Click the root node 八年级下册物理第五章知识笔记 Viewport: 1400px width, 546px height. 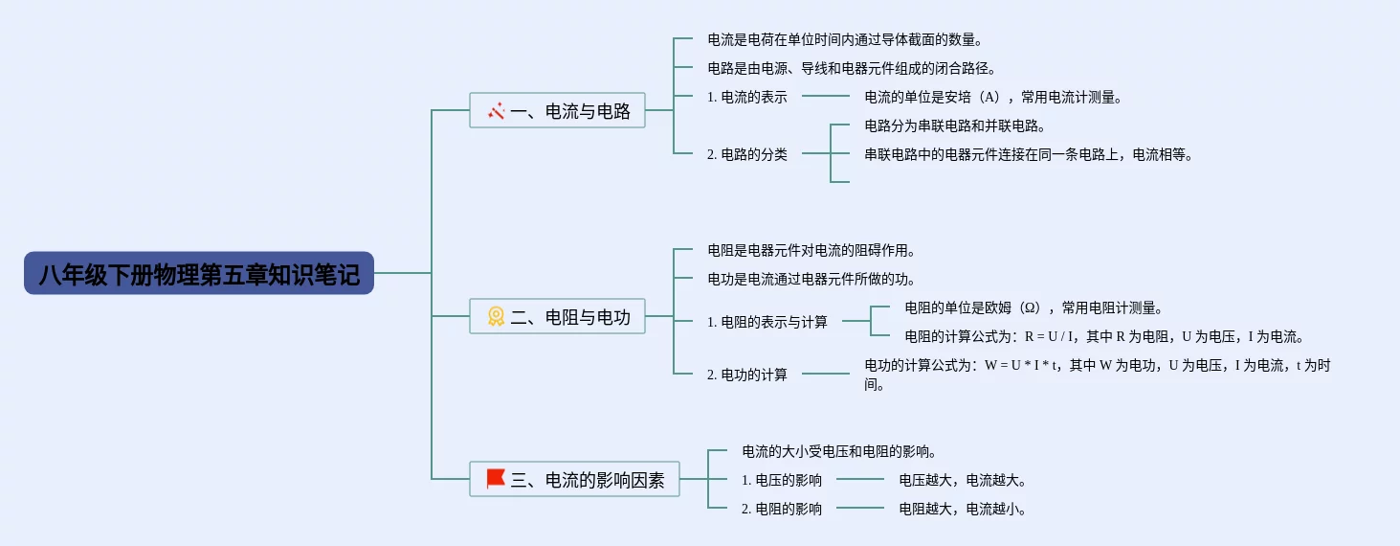click(199, 274)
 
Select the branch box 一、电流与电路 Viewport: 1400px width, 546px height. click(557, 111)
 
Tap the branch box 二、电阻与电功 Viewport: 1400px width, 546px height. click(557, 317)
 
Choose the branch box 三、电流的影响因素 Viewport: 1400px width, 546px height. click(574, 480)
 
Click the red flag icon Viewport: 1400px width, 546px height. click(496, 479)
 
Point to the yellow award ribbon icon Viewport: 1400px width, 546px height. click(496, 316)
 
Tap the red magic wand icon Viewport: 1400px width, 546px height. click(496, 111)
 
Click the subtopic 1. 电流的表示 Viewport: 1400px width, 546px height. click(747, 97)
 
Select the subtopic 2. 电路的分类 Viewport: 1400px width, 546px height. click(747, 154)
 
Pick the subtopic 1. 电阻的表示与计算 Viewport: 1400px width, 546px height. click(767, 322)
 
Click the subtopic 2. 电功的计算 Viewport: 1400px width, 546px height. click(747, 375)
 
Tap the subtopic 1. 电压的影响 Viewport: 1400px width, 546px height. click(782, 480)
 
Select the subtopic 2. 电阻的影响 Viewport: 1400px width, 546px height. click(782, 509)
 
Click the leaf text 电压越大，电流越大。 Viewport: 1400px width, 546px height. click(963, 480)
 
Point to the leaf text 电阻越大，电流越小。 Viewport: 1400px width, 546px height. click(963, 509)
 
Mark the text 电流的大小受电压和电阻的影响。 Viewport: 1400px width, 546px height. click(838, 450)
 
